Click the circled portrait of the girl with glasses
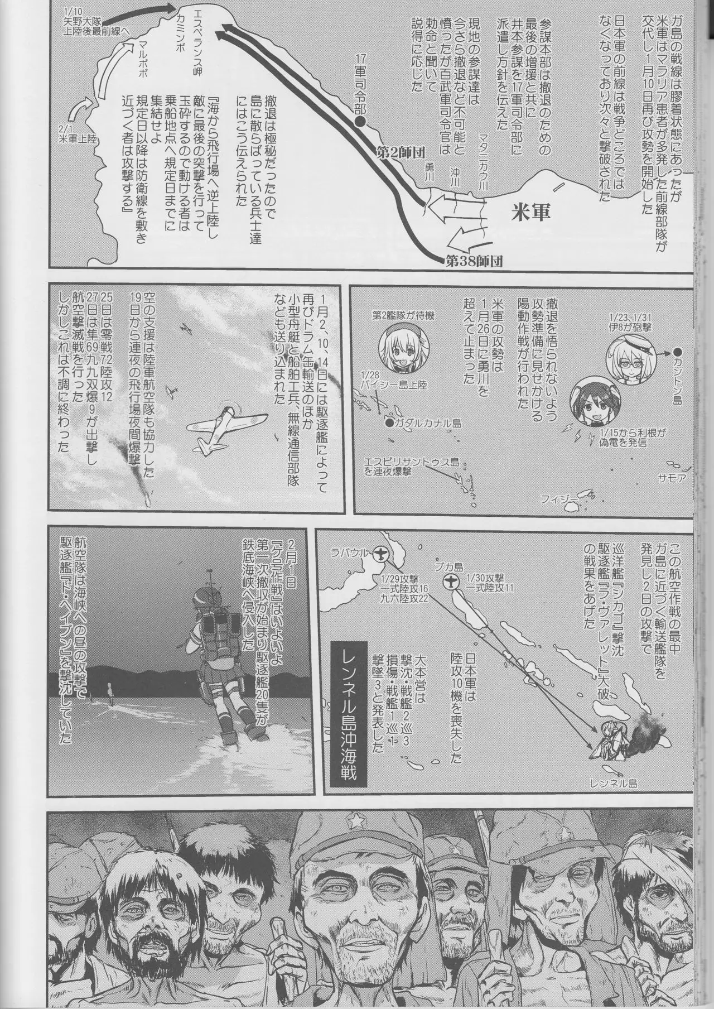(628, 359)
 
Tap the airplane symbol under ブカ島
(450, 582)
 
